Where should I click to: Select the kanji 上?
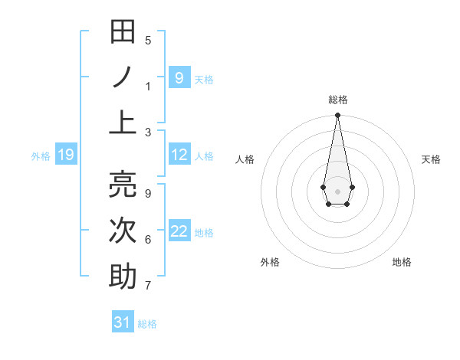click(123, 122)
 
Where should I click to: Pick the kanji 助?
click(123, 276)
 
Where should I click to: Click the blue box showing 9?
click(179, 77)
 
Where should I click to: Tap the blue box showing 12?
click(179, 155)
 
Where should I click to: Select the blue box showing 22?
click(179, 232)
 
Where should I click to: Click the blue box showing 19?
click(65, 155)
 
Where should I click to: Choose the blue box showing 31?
click(123, 322)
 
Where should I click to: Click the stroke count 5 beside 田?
click(148, 41)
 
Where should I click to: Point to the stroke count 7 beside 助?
click(148, 286)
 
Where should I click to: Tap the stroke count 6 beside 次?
click(148, 240)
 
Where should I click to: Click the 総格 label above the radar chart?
click(337, 100)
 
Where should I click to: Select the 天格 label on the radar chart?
click(431, 159)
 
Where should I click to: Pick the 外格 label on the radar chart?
click(270, 262)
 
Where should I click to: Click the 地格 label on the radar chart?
click(402, 262)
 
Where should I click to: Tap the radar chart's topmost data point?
click(337, 115)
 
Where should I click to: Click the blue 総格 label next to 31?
click(147, 323)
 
